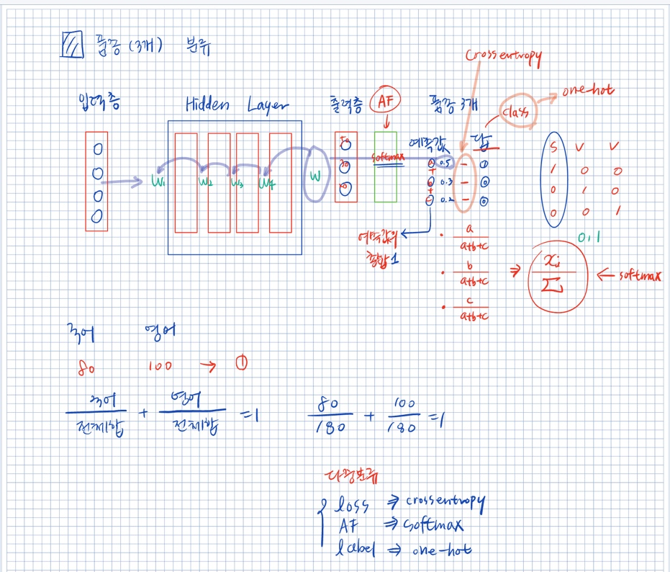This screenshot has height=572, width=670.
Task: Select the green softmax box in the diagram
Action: [385, 166]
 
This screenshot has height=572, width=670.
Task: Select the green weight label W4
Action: [267, 183]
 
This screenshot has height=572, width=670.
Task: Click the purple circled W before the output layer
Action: [315, 176]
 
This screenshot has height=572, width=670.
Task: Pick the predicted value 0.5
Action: [445, 163]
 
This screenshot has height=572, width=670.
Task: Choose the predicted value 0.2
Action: [445, 200]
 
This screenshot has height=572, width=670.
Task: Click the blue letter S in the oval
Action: [554, 148]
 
